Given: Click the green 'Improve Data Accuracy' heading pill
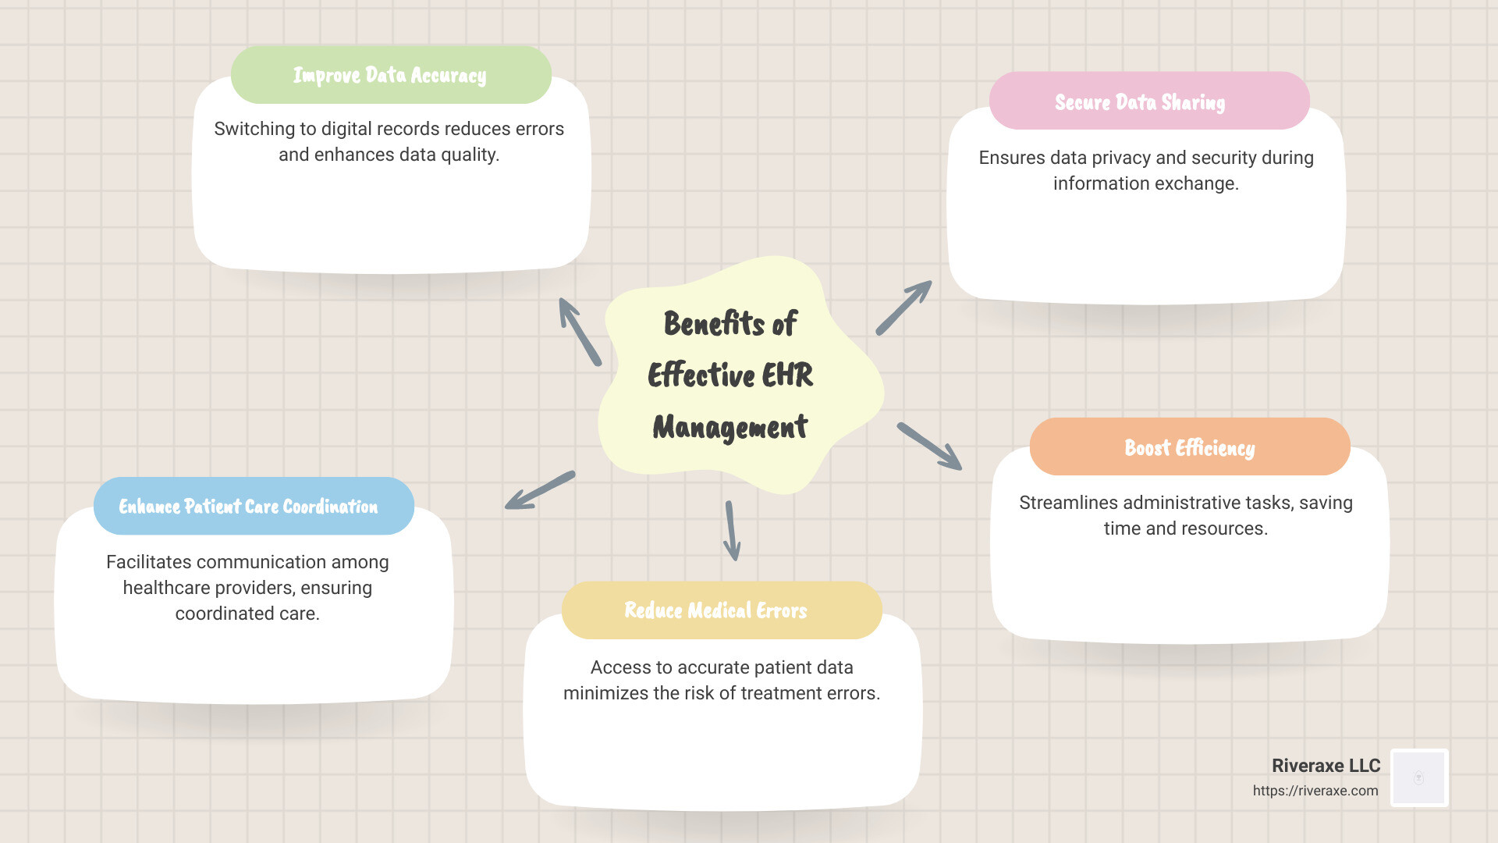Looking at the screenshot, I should [x=390, y=75].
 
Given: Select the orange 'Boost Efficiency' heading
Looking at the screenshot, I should [x=1189, y=447].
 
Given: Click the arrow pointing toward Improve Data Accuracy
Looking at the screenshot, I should [x=580, y=332].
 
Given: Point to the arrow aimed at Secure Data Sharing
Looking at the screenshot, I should [x=903, y=308].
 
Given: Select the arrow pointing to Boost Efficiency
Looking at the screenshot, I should [x=929, y=446].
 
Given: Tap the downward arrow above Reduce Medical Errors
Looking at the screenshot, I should [x=732, y=531].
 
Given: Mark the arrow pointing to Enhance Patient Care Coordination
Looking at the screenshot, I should [x=540, y=490].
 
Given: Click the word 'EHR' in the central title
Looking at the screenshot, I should [x=788, y=375].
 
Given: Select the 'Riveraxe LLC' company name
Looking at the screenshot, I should [x=1326, y=766].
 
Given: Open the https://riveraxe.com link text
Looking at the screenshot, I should [x=1315, y=791].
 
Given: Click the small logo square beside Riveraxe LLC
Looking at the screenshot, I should [x=1419, y=777].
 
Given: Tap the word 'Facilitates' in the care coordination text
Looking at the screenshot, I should [x=148, y=562].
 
